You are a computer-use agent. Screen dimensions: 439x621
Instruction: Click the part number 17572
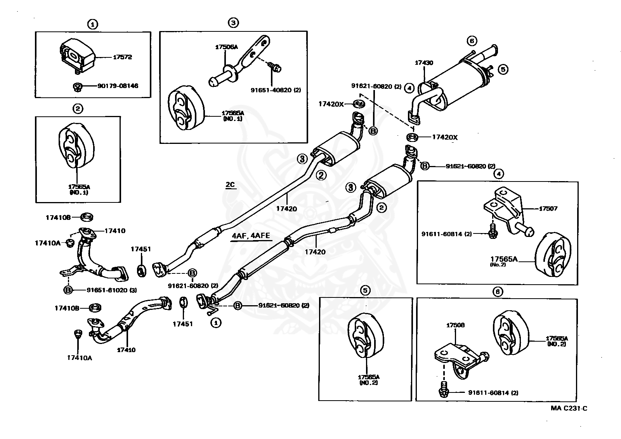click(x=122, y=57)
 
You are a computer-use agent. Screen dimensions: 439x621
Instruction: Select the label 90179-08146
click(x=118, y=86)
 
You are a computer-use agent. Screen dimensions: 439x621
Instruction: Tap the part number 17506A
click(x=226, y=47)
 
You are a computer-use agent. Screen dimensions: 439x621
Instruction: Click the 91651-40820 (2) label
click(x=276, y=90)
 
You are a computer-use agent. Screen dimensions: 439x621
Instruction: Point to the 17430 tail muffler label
click(x=424, y=63)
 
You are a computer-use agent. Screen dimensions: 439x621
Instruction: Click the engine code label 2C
click(x=230, y=185)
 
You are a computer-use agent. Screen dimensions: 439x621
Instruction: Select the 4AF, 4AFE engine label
click(x=251, y=236)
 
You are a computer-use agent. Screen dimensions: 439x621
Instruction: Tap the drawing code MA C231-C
click(x=569, y=408)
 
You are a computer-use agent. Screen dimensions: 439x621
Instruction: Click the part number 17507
click(x=548, y=208)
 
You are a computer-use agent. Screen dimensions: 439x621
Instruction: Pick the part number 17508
click(x=455, y=325)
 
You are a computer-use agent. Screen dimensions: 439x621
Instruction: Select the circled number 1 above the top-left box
click(x=92, y=25)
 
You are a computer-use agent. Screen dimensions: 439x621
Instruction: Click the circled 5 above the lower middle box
click(x=365, y=290)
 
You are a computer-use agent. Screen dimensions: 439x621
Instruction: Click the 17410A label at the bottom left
click(x=79, y=358)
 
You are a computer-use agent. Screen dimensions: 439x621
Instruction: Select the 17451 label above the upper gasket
click(x=141, y=249)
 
